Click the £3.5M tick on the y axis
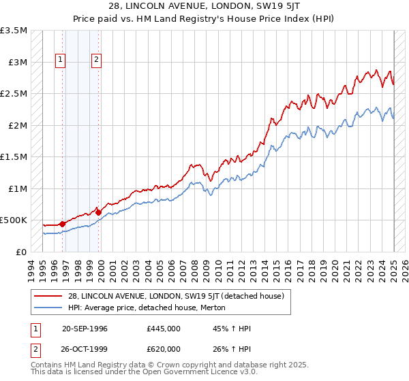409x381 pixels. (x=14, y=31)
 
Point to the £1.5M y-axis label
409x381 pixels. (x=14, y=157)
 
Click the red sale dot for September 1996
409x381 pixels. (x=62, y=223)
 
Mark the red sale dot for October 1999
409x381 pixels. (x=98, y=212)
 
